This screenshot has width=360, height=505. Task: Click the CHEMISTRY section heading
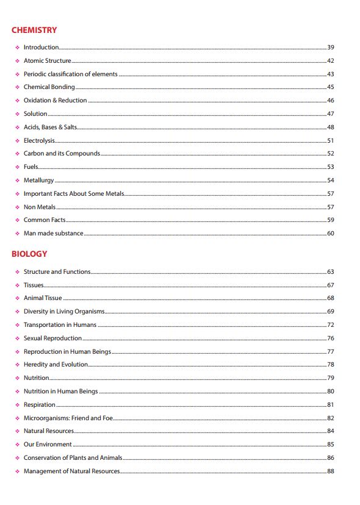(x=34, y=30)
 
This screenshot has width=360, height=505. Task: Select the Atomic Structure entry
(x=48, y=61)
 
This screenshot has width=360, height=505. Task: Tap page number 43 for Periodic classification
(x=331, y=74)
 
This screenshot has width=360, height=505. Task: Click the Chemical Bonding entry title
(x=49, y=87)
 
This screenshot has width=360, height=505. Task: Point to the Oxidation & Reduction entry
(x=56, y=101)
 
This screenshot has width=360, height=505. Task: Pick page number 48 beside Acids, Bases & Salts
(x=331, y=127)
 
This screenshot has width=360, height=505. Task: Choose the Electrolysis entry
(x=39, y=140)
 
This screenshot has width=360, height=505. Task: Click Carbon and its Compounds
(x=62, y=154)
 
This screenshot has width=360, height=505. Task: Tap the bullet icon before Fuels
(x=17, y=167)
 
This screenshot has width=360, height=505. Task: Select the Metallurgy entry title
(x=39, y=181)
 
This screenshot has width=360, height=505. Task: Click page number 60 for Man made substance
(x=331, y=234)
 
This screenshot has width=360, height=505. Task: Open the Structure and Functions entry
(x=57, y=272)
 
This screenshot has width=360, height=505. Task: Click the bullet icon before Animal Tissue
(x=17, y=298)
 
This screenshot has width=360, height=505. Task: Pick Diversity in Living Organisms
(x=64, y=312)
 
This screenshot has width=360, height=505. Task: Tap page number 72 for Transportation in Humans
(x=331, y=325)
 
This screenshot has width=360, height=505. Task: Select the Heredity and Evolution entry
(x=56, y=365)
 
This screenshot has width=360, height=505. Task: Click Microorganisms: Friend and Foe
(x=68, y=418)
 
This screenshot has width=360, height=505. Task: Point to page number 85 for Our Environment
(x=331, y=445)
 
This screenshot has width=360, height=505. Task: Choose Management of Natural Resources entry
(x=72, y=471)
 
